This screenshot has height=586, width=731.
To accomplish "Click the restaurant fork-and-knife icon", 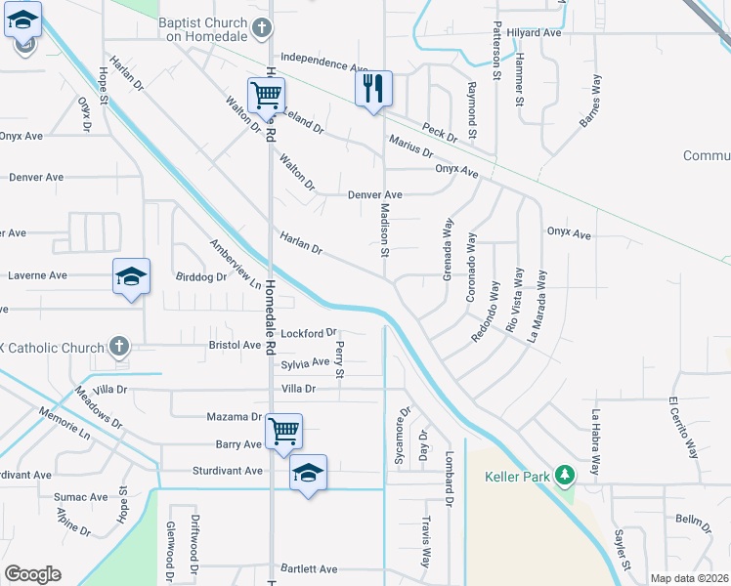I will (x=373, y=90).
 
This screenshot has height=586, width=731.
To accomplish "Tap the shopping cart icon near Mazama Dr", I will (x=283, y=431).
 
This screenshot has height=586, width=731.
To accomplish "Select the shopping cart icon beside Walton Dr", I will (x=265, y=95).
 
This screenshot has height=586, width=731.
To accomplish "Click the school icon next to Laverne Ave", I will (x=130, y=277).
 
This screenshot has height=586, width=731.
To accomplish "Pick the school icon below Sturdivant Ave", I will (x=308, y=474).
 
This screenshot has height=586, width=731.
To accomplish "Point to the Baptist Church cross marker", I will (x=261, y=29).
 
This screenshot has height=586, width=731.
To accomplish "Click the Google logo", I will (x=32, y=574).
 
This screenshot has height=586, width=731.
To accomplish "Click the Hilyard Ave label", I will (x=534, y=32).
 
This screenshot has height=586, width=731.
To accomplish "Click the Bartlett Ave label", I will (x=308, y=568).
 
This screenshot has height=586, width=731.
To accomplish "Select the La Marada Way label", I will (x=537, y=304).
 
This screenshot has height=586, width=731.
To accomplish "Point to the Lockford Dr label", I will (x=308, y=333).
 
